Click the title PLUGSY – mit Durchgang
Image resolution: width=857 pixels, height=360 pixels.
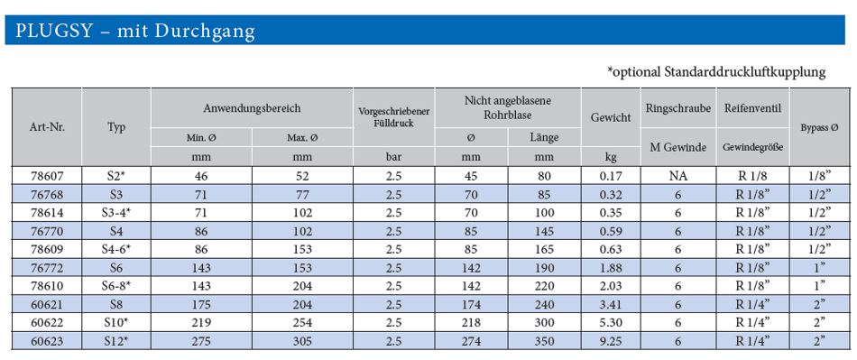(x=135, y=31)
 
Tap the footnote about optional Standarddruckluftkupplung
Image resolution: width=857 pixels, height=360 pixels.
(x=716, y=71)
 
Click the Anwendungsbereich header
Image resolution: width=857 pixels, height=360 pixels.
(x=252, y=108)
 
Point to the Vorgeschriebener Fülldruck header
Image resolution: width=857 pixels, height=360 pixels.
(x=394, y=117)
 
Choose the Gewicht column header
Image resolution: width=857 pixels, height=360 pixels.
(x=611, y=117)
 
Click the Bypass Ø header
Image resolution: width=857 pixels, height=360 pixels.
(x=820, y=128)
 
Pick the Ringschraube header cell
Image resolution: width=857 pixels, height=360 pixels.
(x=678, y=108)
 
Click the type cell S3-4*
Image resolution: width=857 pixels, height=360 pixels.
(x=116, y=213)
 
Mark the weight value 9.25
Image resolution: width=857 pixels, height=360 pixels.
(x=611, y=342)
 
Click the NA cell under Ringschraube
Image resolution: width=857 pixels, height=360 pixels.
(x=678, y=177)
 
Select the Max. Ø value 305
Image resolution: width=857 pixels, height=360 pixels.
(x=302, y=342)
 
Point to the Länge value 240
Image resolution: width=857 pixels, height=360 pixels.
(x=544, y=305)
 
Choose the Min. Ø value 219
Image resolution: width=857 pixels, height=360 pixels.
(x=202, y=323)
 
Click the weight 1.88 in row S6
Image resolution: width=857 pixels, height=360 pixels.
(x=611, y=268)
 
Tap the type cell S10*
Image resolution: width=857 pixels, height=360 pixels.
(x=116, y=323)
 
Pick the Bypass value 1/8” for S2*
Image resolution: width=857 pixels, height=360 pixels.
(x=820, y=177)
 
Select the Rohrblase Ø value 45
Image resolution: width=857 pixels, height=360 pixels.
(x=471, y=177)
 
